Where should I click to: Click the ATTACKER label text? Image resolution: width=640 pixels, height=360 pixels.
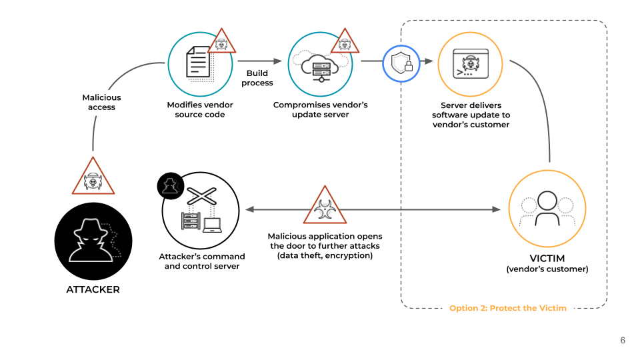click(x=93, y=289)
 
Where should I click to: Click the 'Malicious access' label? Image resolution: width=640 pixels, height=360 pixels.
click(x=101, y=102)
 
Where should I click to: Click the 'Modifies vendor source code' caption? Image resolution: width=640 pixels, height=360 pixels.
click(x=200, y=110)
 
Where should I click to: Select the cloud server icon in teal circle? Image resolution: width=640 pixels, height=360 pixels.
click(x=320, y=63)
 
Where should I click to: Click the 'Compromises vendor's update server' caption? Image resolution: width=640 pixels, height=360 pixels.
click(x=320, y=110)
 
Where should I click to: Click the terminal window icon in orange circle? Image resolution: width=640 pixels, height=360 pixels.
click(x=470, y=63)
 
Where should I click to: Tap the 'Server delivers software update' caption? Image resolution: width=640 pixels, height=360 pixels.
click(x=471, y=115)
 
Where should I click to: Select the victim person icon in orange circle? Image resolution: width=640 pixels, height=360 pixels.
click(x=547, y=208)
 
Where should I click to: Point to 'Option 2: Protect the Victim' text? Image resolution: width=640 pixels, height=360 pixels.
click(x=508, y=308)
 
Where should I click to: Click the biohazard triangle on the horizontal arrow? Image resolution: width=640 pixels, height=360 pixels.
click(x=326, y=207)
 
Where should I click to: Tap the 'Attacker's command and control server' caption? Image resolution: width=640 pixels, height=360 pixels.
click(x=202, y=261)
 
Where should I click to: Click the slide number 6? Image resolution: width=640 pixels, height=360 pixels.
click(x=623, y=340)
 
